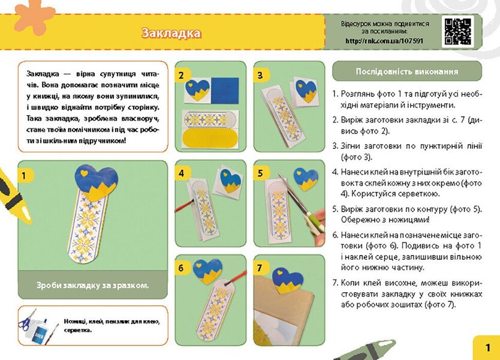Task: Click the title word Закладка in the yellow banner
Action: (x=171, y=32)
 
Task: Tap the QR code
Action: (x=458, y=31)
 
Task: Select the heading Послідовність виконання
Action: (x=406, y=71)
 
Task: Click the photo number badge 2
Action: (x=181, y=76)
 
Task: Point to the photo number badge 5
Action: (x=260, y=173)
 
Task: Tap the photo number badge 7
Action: (x=260, y=268)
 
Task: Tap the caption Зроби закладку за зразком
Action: (x=92, y=285)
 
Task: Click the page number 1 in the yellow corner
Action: (x=487, y=347)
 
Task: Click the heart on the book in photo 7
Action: (x=287, y=280)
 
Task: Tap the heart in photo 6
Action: (x=208, y=270)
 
